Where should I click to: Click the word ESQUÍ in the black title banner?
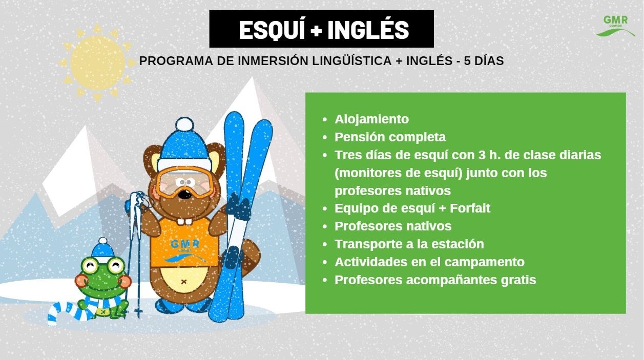(x=272, y=30)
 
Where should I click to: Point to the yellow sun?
(x=97, y=63)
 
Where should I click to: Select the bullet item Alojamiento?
(x=371, y=119)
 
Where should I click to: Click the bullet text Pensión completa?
(x=390, y=137)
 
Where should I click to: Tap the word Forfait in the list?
(x=470, y=208)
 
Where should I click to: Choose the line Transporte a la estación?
(x=409, y=244)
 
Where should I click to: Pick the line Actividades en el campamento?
(x=429, y=262)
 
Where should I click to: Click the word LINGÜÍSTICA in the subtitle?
(x=351, y=61)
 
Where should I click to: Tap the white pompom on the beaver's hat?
(x=184, y=124)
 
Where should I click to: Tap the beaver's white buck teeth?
(x=184, y=222)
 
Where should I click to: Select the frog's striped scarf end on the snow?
(x=63, y=313)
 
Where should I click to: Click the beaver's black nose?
(x=184, y=195)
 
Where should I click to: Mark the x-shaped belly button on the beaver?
(x=184, y=282)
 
